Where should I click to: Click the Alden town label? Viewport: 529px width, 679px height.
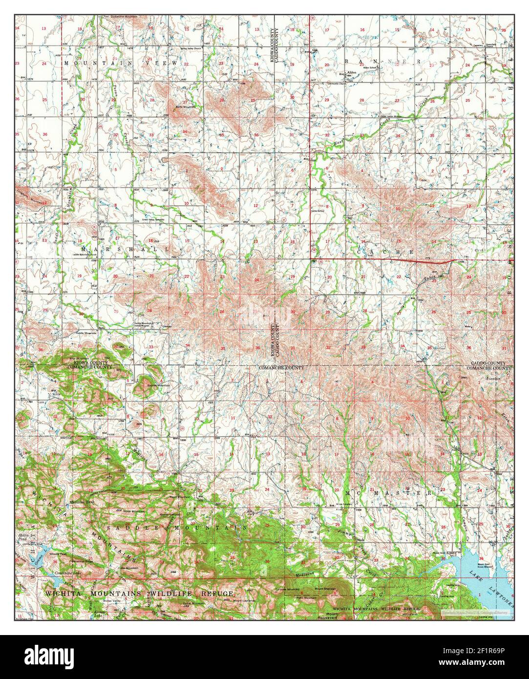click(352, 72)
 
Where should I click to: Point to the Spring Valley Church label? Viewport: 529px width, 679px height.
click(190, 49)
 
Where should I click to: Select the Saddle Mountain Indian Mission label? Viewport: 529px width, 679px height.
click(146, 324)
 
